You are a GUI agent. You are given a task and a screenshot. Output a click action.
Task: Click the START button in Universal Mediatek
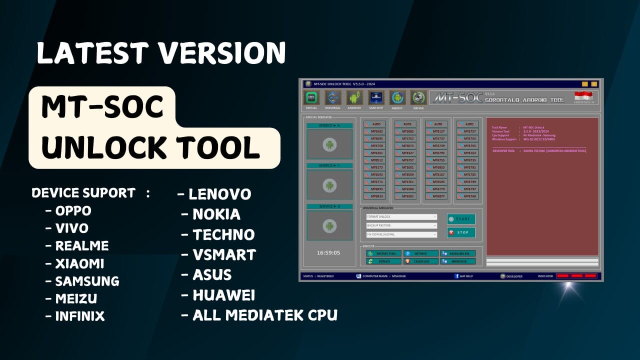tap(461, 219)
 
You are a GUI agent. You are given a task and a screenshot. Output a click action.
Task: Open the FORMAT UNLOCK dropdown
tap(401, 217)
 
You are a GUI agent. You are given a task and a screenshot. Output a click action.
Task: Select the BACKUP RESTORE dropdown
tap(401, 225)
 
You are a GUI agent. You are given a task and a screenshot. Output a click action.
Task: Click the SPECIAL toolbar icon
tap(311, 97)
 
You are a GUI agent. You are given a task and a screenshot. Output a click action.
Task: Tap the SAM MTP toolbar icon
tap(376, 97)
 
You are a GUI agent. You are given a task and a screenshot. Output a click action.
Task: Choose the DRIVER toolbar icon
tap(418, 97)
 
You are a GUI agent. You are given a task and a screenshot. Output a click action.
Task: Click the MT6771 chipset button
tap(375, 182)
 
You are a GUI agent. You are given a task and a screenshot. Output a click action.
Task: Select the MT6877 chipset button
tap(436, 196)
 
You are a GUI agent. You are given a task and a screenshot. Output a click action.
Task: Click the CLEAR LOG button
tap(421, 261)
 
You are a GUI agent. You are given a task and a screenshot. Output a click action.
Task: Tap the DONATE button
tap(383, 261)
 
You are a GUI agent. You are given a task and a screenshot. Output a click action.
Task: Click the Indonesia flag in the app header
tap(583, 96)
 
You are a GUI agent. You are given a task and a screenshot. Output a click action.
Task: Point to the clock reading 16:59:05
tap(328, 252)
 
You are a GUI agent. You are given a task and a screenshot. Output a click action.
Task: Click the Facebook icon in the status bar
tap(456, 276)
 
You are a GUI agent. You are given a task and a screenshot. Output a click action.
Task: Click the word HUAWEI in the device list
tap(223, 295)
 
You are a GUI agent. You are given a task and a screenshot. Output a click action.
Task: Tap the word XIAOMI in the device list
tap(79, 263)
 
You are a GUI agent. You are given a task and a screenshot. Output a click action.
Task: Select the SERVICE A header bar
tap(329, 125)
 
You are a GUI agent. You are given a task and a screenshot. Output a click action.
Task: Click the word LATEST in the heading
tap(92, 53)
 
